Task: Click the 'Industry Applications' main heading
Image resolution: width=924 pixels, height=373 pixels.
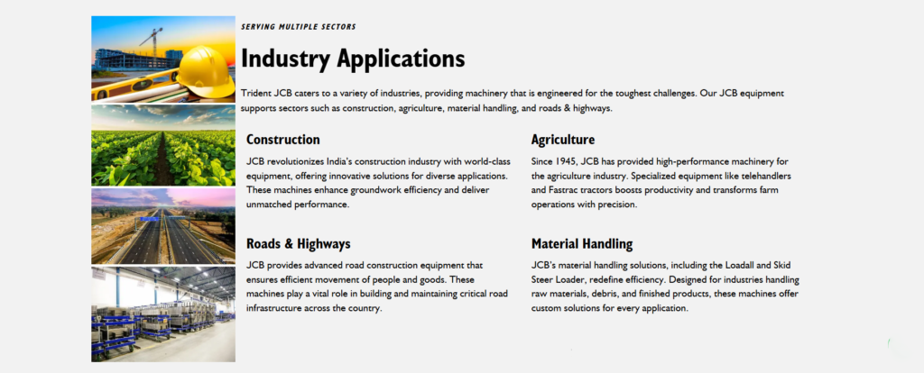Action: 353,59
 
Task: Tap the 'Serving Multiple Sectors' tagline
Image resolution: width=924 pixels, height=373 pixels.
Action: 299,27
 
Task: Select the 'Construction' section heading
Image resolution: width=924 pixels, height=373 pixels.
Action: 282,140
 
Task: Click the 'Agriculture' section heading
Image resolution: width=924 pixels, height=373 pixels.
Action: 562,140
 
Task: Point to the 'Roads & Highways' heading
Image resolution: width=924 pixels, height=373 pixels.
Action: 298,244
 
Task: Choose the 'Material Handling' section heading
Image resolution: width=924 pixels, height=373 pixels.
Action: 581,244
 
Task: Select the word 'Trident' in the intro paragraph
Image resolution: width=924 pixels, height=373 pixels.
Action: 258,94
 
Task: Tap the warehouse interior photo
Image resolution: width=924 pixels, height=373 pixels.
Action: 162,313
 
